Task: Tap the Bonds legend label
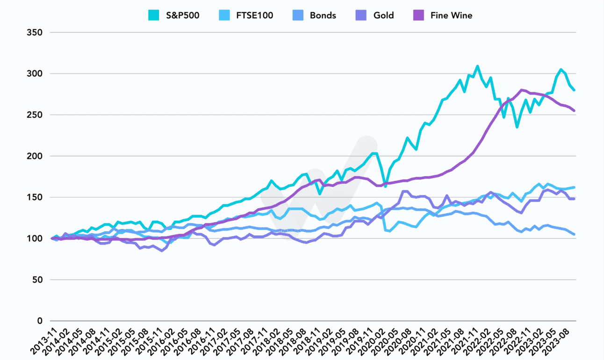tap(323, 15)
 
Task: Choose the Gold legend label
tap(383, 15)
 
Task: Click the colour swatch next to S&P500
tap(153, 15)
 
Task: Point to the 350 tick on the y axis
tap(36, 33)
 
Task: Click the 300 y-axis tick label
tap(36, 74)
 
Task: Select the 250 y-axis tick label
tap(36, 115)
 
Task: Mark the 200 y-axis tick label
tap(36, 156)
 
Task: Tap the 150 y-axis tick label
tap(36, 197)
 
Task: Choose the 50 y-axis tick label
tap(38, 280)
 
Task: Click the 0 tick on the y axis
tap(41, 321)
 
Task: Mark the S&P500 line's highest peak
tap(477, 66)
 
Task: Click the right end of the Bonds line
tap(575, 234)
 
